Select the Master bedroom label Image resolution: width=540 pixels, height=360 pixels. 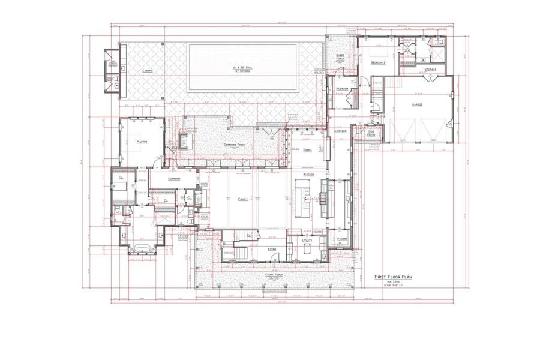[142, 142]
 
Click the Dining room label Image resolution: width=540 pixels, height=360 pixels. [307, 149]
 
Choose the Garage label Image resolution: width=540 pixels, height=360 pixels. [417, 104]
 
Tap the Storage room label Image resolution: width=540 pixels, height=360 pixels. [430, 70]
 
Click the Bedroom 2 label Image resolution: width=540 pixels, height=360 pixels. [378, 62]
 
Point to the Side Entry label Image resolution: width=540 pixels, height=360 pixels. [371, 133]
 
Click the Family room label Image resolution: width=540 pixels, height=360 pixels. [243, 199]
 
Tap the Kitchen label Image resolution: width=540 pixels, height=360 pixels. [309, 174]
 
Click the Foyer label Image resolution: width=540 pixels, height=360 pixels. [272, 248]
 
